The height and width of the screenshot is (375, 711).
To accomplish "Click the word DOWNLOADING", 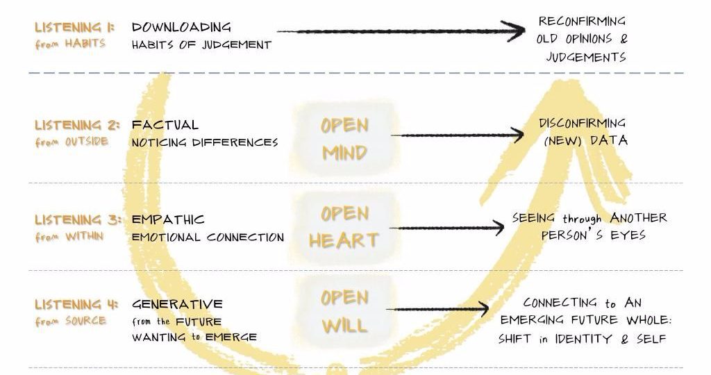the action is pyautogui.click(x=181, y=27).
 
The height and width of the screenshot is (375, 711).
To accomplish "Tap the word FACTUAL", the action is pyautogui.click(x=165, y=125).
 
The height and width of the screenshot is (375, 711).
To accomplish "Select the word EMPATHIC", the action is pyautogui.click(x=168, y=220).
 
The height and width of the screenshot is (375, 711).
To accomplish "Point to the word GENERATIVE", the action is pyautogui.click(x=177, y=303).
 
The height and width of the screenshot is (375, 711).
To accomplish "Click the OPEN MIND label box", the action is pyautogui.click(x=344, y=139).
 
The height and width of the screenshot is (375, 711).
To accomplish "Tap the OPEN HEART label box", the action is pyautogui.click(x=344, y=227).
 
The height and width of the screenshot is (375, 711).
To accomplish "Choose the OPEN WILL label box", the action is pyautogui.click(x=344, y=312).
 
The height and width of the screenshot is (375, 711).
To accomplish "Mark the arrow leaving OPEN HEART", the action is pyautogui.click(x=446, y=228).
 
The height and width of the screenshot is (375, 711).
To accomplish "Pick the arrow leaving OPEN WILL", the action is pyautogui.click(x=437, y=309).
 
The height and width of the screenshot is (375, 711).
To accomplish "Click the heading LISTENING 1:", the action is pyautogui.click(x=75, y=27).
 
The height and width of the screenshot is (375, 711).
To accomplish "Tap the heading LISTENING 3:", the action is pyautogui.click(x=78, y=220).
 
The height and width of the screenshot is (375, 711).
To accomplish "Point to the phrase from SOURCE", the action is pyautogui.click(x=71, y=321).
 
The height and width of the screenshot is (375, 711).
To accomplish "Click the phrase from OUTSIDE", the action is pyautogui.click(x=72, y=142).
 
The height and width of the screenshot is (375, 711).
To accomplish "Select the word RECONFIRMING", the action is pyautogui.click(x=583, y=22).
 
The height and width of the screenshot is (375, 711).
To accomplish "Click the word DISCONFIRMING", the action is pyautogui.click(x=583, y=124).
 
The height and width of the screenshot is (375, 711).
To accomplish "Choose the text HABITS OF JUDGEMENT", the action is pyautogui.click(x=201, y=45).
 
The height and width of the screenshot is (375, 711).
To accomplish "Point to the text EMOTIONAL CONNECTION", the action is pyautogui.click(x=208, y=237).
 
